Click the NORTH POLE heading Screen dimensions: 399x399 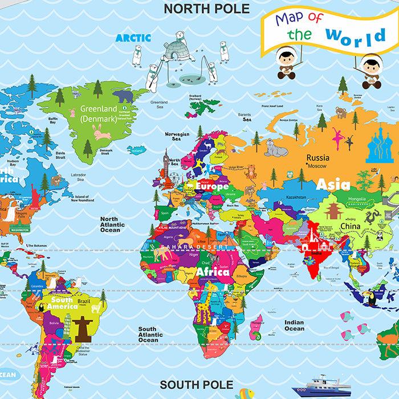point(206,9)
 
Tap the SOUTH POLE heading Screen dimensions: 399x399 point(197,385)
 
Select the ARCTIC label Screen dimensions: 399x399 point(133,38)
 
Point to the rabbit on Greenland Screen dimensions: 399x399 point(102,134)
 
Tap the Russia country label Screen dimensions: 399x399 point(317,157)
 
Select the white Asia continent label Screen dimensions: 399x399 point(333,184)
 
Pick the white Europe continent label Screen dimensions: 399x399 point(211,186)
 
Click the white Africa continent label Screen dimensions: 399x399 point(213,272)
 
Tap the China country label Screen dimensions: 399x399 point(351,226)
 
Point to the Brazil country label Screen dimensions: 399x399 point(84,301)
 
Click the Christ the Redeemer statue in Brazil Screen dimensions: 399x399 point(83,329)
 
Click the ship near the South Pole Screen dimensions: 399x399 point(321,387)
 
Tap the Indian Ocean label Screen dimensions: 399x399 point(294,325)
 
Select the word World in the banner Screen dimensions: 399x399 point(356,36)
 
